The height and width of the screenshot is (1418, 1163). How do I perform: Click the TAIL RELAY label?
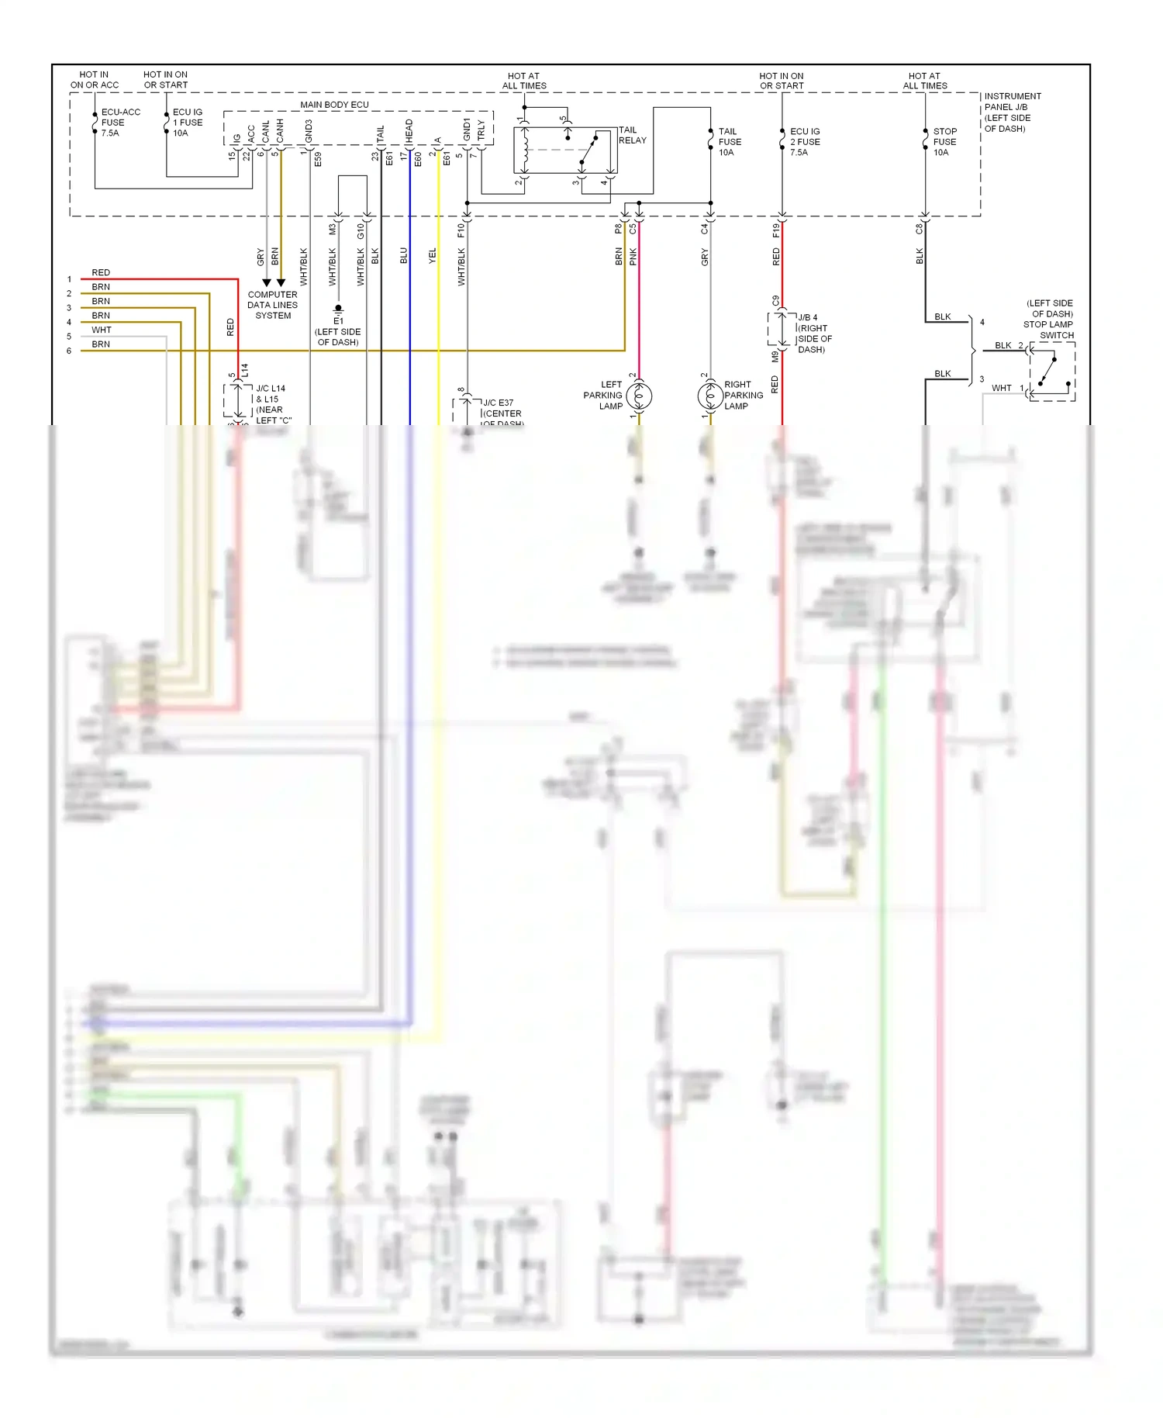pyautogui.click(x=631, y=135)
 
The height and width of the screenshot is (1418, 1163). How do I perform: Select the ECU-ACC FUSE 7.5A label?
pyautogui.click(x=119, y=123)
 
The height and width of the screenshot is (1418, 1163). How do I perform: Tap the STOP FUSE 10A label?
pyautogui.click(x=944, y=142)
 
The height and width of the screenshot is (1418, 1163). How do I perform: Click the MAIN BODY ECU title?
pyautogui.click(x=334, y=105)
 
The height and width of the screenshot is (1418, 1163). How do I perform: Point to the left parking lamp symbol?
pyautogui.click(x=639, y=396)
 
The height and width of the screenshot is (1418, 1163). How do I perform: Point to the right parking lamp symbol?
pyautogui.click(x=710, y=396)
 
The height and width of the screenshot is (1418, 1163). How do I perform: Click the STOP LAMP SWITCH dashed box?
pyautogui.click(x=1052, y=372)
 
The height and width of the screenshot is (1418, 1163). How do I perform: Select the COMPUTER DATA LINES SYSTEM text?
pyautogui.click(x=273, y=305)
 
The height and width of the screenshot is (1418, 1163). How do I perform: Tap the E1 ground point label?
pyautogui.click(x=338, y=320)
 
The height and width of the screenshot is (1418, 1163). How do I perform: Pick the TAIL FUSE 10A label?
pyautogui.click(x=729, y=142)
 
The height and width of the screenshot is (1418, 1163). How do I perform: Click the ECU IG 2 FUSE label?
pyautogui.click(x=804, y=142)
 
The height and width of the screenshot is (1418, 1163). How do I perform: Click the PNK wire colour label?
pyautogui.click(x=633, y=257)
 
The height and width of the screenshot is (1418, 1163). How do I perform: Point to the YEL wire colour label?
pyautogui.click(x=433, y=255)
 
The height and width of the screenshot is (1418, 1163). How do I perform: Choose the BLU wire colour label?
pyautogui.click(x=403, y=255)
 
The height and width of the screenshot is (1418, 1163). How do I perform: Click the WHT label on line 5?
pyautogui.click(x=102, y=330)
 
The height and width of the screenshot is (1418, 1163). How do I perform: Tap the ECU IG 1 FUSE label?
pyautogui.click(x=187, y=123)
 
